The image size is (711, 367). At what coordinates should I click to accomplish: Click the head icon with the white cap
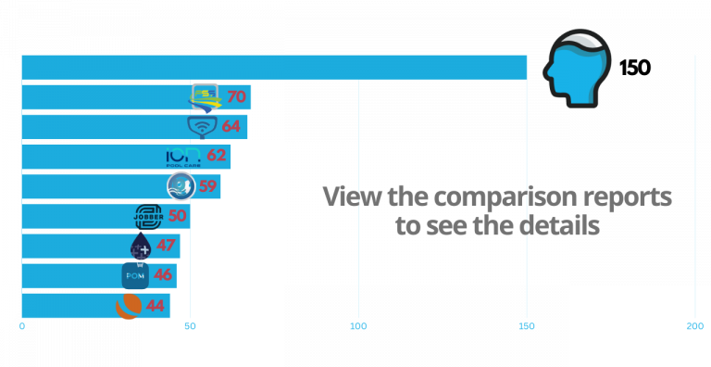tap(575, 63)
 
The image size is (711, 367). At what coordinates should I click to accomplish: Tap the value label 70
tap(236, 95)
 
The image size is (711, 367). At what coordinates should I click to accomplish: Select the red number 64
tap(231, 125)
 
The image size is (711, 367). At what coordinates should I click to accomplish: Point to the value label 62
tap(217, 155)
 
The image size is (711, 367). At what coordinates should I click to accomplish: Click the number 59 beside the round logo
tap(207, 185)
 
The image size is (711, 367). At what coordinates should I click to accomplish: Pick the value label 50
tap(177, 216)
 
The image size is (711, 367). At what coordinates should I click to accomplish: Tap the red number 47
tap(166, 246)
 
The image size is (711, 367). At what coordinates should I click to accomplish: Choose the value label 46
tap(163, 275)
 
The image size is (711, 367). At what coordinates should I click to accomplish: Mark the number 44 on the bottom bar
tap(155, 305)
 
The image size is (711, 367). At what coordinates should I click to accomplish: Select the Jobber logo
tap(148, 216)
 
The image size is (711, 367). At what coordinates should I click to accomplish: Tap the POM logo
tap(135, 275)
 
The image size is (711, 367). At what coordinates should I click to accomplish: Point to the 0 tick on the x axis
tap(22, 326)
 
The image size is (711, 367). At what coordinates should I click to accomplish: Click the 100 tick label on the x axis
tap(358, 326)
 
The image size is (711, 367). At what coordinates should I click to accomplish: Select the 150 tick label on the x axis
tap(527, 326)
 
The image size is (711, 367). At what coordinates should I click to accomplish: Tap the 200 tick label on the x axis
tap(694, 326)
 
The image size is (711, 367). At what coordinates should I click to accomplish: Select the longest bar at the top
tap(274, 67)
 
